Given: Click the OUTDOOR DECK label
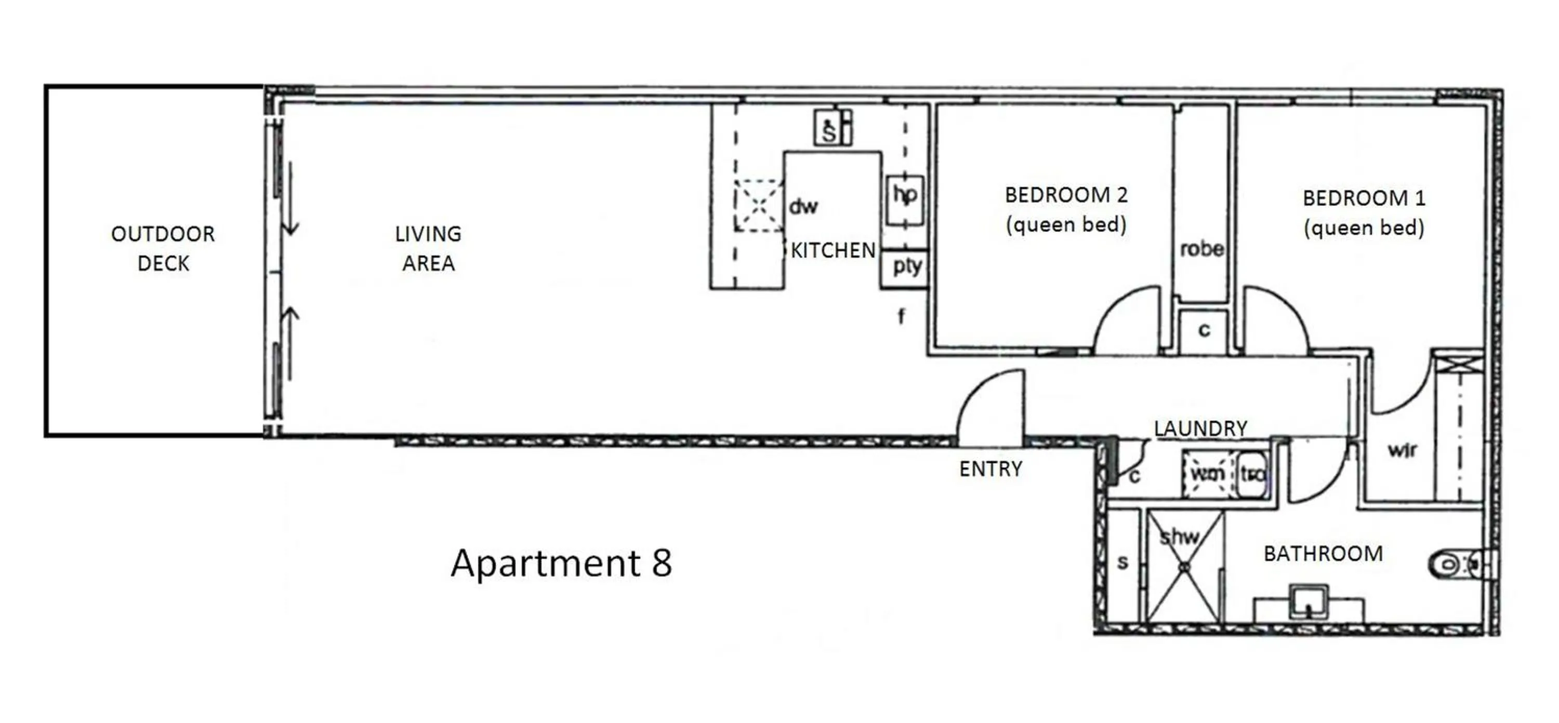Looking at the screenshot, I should (163, 248).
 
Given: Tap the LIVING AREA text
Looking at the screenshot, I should (428, 248).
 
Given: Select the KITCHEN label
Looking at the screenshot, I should (833, 250).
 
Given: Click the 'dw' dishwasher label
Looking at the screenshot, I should (803, 207).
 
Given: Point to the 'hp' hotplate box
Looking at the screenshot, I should (905, 199).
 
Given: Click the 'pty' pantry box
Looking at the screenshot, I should (906, 266).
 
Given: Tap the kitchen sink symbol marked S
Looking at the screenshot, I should (830, 128).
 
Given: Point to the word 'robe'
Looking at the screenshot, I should (1201, 249).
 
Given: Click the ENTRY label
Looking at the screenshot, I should (990, 469).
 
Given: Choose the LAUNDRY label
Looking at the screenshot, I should (1200, 429).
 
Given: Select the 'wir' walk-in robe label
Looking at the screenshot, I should (1402, 450).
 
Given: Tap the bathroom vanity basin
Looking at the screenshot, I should (1308, 601).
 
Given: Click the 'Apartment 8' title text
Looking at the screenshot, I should (561, 563).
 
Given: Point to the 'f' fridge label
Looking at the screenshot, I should (901, 316).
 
